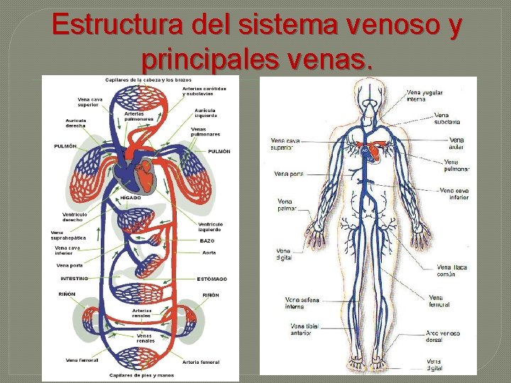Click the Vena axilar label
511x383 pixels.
click(456, 144)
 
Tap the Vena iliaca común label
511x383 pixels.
click(451, 270)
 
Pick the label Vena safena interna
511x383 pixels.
click(302, 303)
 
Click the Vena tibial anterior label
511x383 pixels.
click(304, 329)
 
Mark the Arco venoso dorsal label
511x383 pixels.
click(443, 336)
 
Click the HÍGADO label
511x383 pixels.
click(130, 198)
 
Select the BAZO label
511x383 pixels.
click(207, 241)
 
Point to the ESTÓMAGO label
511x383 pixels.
click(212, 279)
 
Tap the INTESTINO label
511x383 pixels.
click(75, 279)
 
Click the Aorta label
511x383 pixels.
click(208, 252)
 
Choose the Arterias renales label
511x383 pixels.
click(141, 313)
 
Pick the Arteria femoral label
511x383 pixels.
click(201, 362)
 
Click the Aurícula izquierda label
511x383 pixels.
click(206, 113)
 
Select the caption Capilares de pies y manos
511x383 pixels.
click(141, 375)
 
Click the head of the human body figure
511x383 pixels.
click(369, 90)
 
